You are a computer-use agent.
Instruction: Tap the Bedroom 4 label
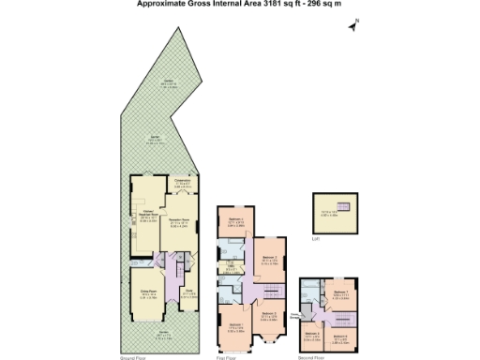click(x=237, y=223)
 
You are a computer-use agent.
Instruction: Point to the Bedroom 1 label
click(x=235, y=326)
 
